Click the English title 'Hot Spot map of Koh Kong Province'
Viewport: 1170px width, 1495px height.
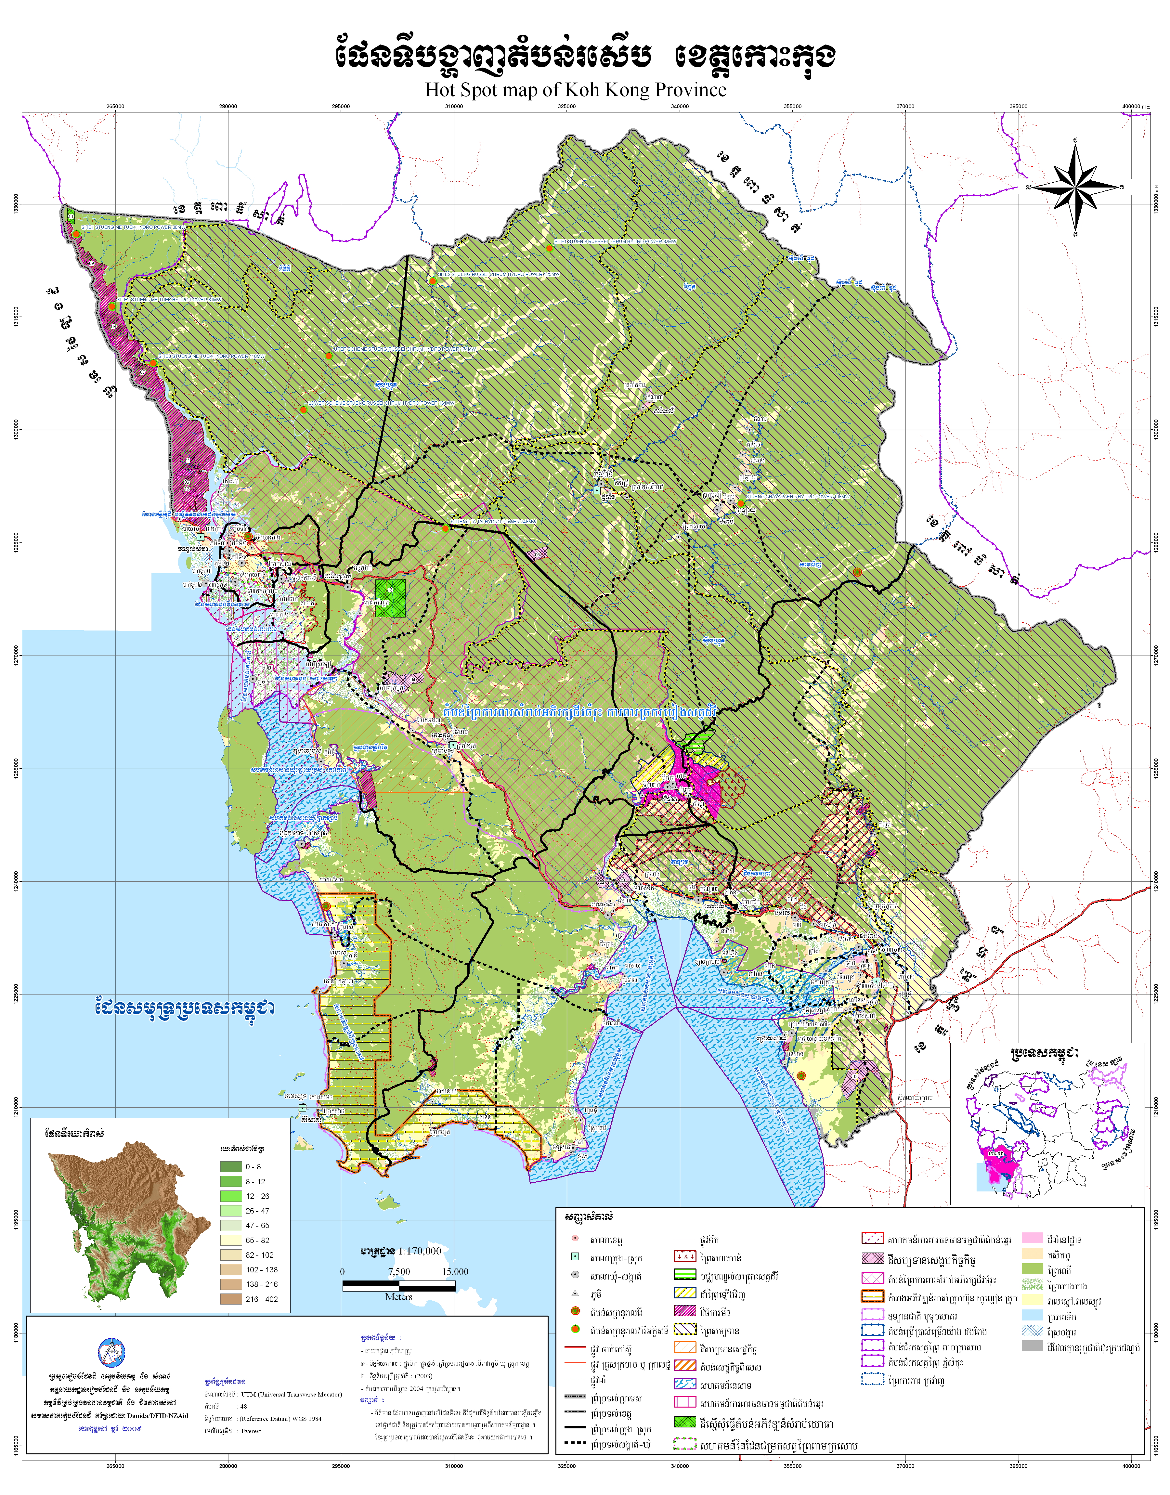coord(575,90)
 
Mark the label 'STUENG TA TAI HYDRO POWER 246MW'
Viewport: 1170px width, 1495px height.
coord(493,522)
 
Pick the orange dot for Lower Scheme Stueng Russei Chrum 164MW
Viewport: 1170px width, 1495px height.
coord(303,409)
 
